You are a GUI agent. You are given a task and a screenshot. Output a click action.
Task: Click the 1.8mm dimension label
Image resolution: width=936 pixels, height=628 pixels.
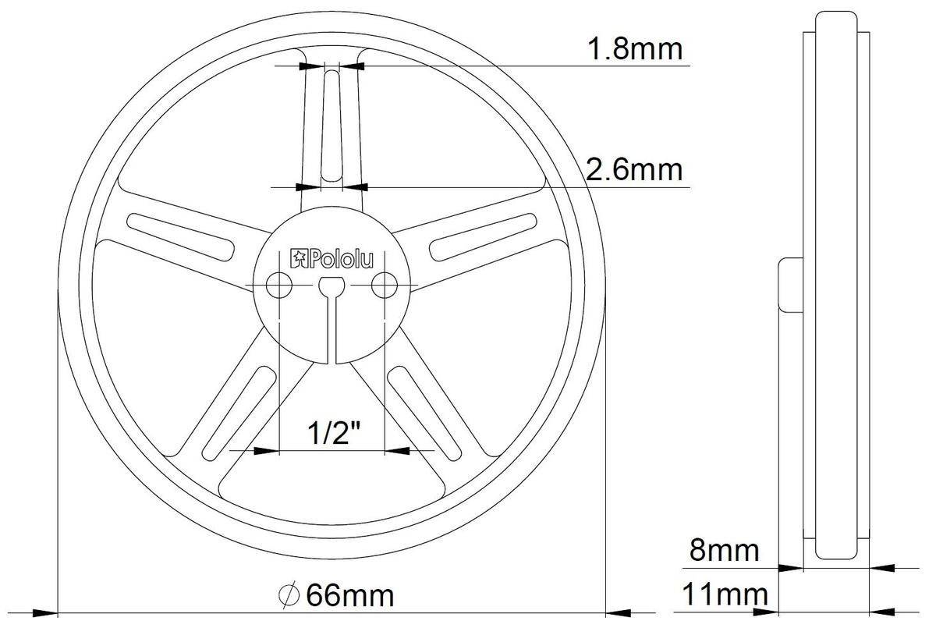pos(634,49)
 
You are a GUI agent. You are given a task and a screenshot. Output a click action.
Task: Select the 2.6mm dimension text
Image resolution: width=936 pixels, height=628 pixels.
pos(634,169)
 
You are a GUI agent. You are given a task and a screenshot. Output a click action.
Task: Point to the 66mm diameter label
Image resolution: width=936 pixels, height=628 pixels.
pos(349,597)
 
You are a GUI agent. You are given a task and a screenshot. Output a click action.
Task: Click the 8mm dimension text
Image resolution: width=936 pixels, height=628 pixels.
pos(723,551)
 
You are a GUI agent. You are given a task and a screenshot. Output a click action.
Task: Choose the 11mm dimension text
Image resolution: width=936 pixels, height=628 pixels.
pos(725,597)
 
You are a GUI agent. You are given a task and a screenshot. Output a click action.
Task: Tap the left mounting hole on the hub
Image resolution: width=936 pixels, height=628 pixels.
pos(278,286)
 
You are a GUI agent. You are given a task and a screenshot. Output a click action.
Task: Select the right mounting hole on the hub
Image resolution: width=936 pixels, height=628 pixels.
pos(382,286)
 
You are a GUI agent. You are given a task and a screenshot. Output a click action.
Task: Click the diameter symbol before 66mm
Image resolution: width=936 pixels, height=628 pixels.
pos(289,597)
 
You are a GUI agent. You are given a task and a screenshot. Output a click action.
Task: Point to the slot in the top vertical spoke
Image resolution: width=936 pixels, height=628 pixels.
pos(331,125)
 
